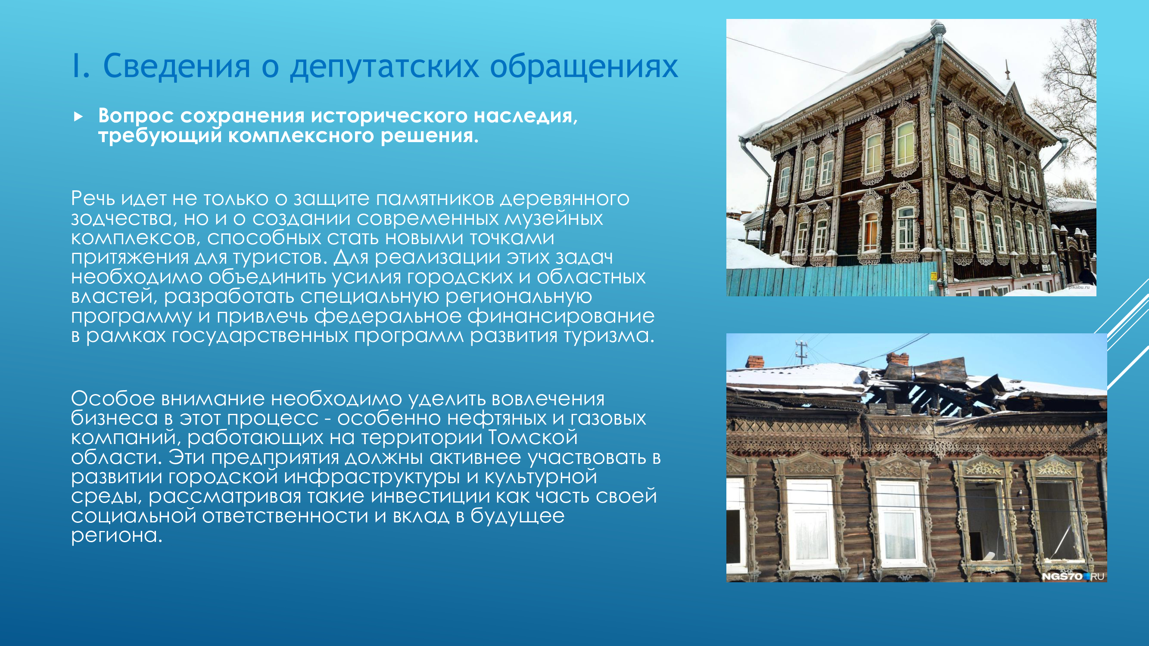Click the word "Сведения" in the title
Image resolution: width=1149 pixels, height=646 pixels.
pos(177,66)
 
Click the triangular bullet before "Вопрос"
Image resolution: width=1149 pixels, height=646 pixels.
pos(78,117)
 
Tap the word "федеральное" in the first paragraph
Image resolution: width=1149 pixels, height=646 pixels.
pos(388,316)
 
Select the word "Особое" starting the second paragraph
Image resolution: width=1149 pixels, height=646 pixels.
pos(113,398)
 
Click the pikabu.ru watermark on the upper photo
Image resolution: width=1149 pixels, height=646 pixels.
pos(1078,287)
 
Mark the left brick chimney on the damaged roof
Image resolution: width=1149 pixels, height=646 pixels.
pos(755,362)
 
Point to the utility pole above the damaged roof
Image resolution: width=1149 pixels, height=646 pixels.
pos(801,352)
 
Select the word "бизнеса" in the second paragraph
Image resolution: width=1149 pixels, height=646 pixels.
pos(115,418)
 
